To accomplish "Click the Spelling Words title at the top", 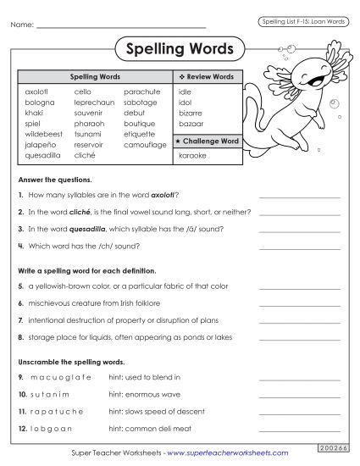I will pos(179,48).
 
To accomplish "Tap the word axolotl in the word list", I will pos(38,91).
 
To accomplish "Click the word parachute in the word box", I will pos(141,91).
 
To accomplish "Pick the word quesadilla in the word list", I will pos(43,156).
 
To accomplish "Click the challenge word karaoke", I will pos(193,156).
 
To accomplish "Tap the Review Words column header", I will pos(208,76).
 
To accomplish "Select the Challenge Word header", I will pos(208,140).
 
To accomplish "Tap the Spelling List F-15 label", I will pos(302,20).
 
